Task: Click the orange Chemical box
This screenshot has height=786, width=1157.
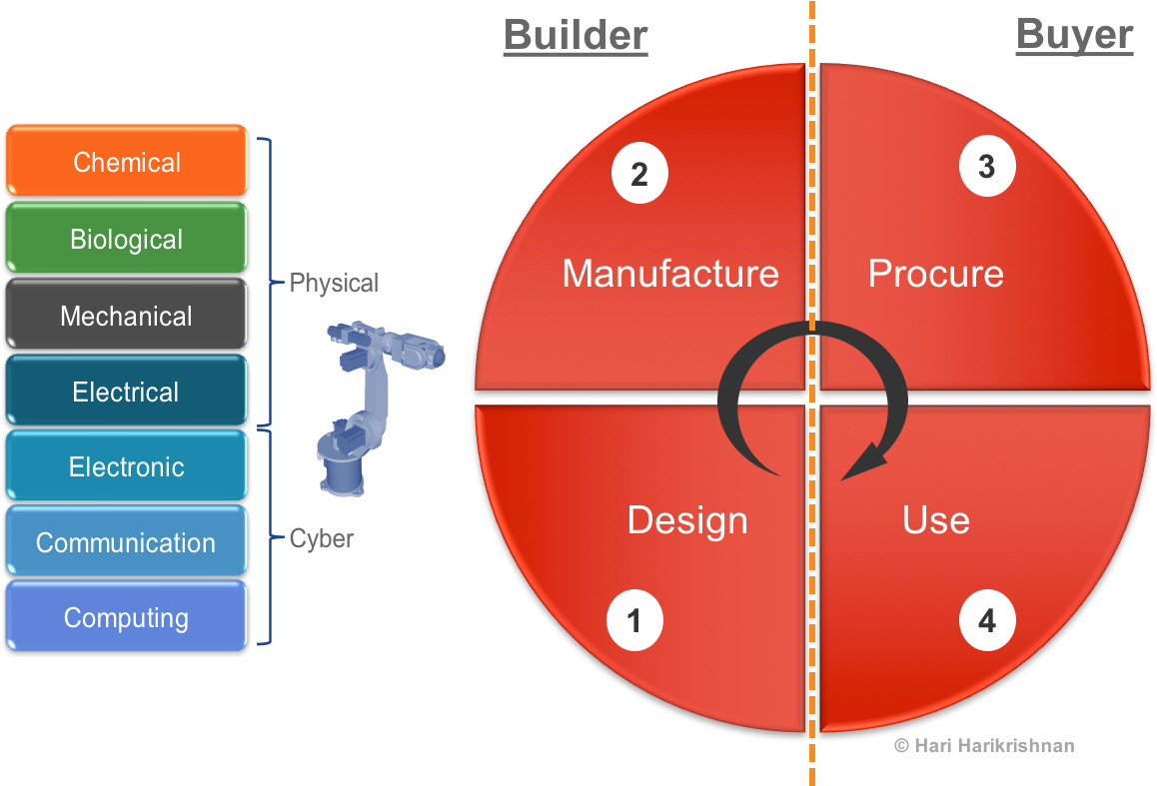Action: coord(126,161)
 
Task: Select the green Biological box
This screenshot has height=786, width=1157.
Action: coord(126,238)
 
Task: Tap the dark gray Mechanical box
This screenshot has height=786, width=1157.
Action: coord(126,315)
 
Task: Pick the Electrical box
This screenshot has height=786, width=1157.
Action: coord(126,391)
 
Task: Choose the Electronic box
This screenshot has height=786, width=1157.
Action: coord(126,466)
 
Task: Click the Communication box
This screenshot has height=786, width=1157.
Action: coord(126,541)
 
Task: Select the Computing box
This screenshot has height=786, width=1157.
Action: coord(126,616)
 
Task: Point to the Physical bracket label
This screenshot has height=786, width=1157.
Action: coord(334,283)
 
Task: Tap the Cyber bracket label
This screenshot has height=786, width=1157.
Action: coord(321,538)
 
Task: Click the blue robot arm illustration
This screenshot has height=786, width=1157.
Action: coord(380,407)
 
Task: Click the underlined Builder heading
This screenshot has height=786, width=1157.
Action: coord(576,35)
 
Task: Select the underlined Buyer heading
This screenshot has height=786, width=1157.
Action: coord(1074,35)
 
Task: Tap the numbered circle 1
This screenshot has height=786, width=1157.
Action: coord(634,621)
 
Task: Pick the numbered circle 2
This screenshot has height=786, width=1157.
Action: coord(639,173)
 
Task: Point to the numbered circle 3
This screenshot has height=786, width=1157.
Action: coord(987,167)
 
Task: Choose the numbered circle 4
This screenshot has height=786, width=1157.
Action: coord(987,621)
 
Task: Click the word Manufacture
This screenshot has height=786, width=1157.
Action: coord(670,274)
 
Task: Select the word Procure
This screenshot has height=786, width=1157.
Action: coord(935,274)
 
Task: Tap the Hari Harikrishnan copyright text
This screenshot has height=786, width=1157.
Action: coord(984,745)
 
